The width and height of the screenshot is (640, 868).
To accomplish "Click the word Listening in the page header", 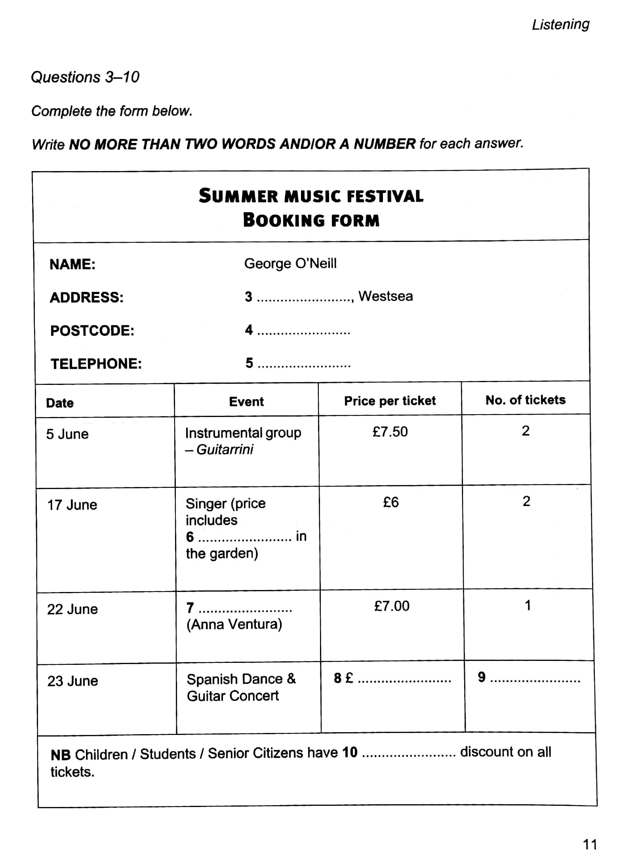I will (560, 25).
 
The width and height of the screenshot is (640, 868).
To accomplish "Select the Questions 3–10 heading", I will (85, 77).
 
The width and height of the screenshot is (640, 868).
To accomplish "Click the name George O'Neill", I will (290, 263).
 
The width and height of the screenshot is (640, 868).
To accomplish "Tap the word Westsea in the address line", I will (385, 296).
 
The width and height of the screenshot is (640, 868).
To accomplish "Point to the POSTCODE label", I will (92, 331).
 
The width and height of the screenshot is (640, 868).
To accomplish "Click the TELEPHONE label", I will (96, 364).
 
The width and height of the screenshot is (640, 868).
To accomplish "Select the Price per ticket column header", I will (390, 401).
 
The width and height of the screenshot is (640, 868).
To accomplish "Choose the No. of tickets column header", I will (525, 400).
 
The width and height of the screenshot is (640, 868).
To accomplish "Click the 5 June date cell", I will (67, 434).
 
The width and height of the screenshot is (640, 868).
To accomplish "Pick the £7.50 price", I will (390, 432).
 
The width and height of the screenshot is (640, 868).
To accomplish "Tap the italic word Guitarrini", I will (225, 449).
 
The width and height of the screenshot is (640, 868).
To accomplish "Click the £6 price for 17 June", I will (390, 503).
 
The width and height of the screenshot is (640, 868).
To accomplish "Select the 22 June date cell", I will (72, 609).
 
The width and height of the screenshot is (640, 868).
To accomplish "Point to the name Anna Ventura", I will (234, 624).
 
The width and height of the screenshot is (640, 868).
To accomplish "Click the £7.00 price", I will (391, 606).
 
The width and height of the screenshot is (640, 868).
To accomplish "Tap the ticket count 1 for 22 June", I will (528, 605).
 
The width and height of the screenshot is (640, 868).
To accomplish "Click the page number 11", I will (590, 845).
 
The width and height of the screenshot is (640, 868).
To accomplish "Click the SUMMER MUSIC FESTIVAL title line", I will (311, 196).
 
